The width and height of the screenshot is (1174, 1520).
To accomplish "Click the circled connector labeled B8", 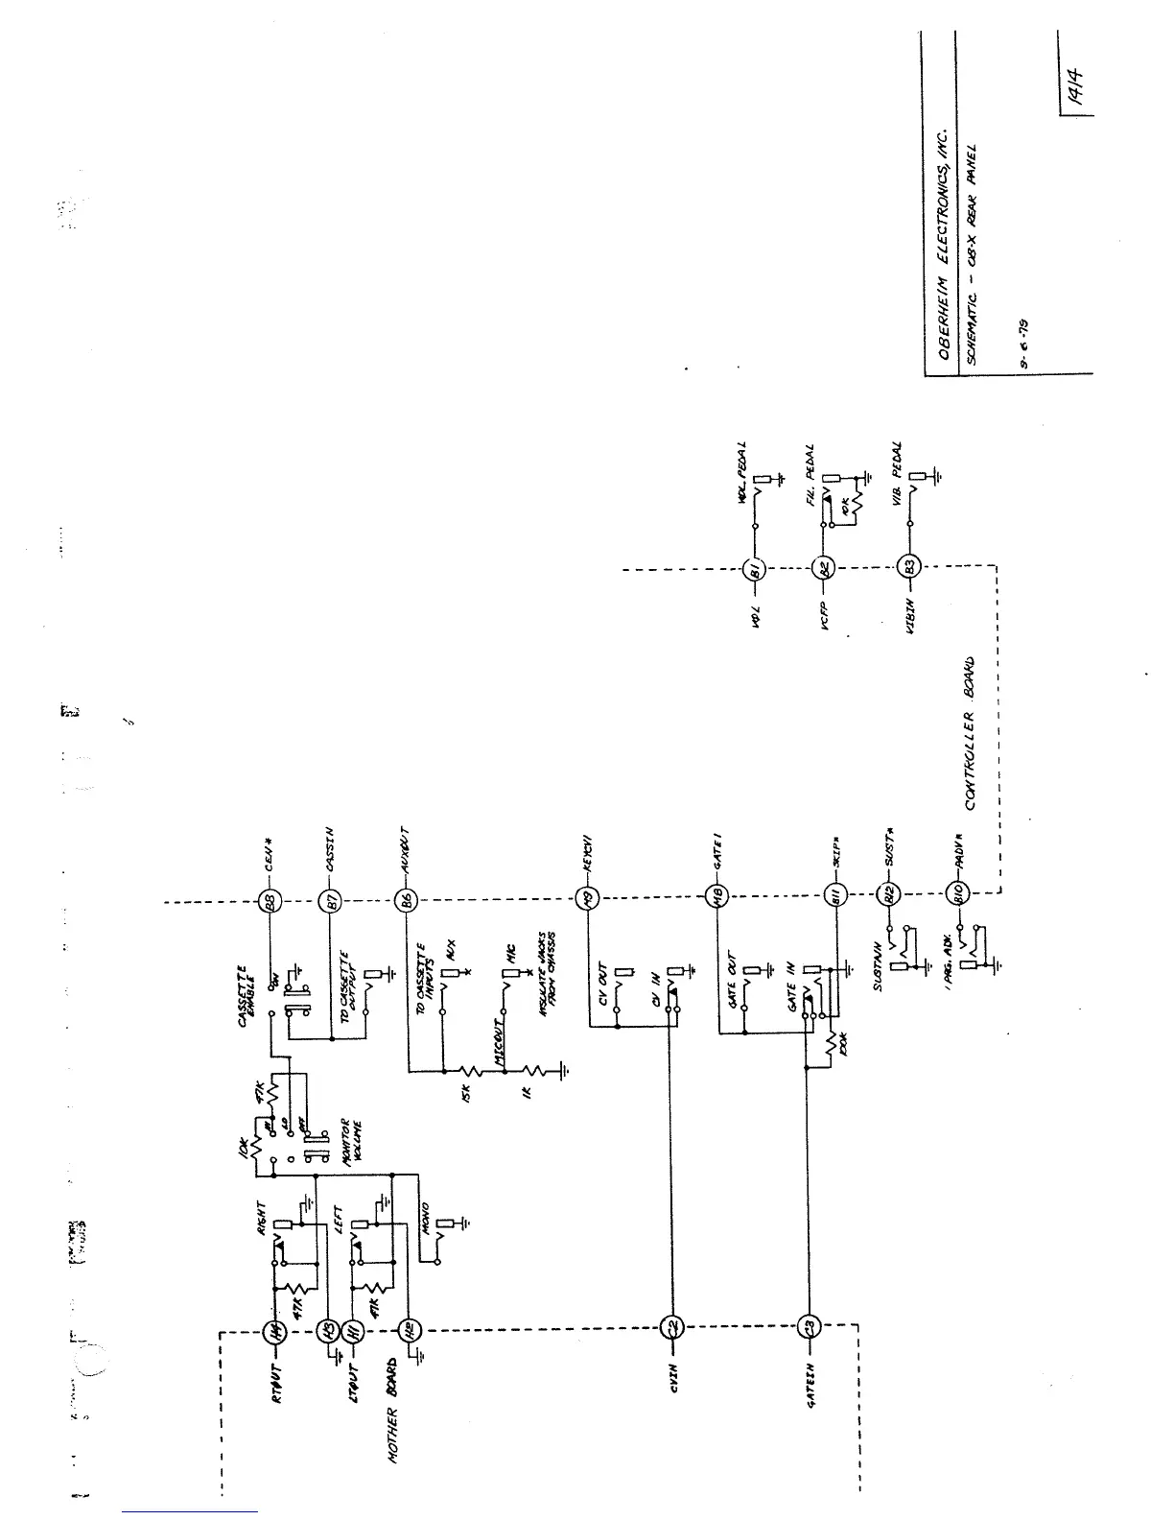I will tap(270, 902).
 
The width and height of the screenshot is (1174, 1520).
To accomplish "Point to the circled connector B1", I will tap(753, 571).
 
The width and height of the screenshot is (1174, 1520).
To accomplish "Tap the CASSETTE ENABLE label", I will tap(247, 998).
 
